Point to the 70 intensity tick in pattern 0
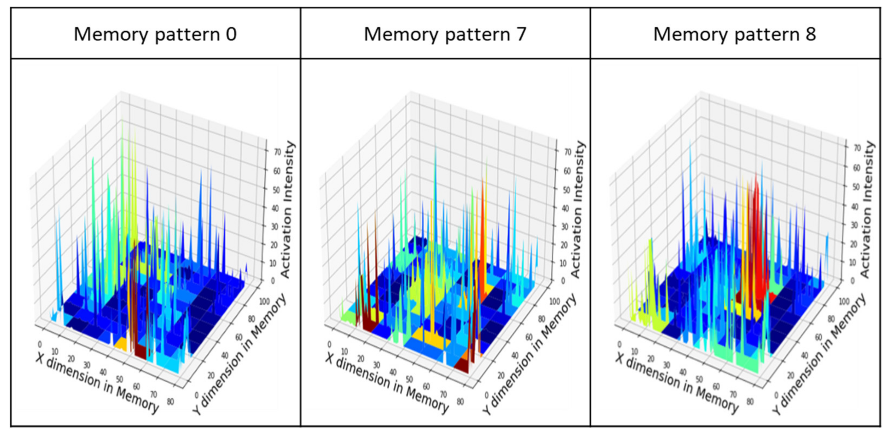[277, 152]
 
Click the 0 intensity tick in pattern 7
[563, 281]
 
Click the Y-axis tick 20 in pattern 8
[791, 375]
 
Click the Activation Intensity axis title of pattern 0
[287, 210]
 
